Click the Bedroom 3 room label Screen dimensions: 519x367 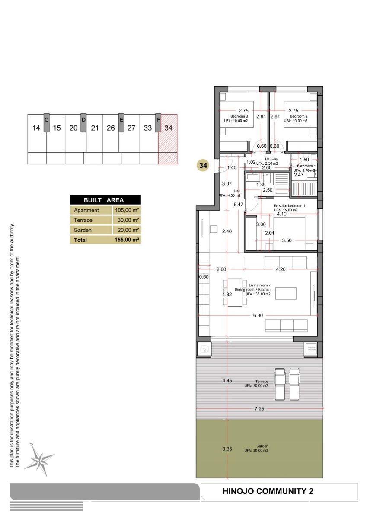239,117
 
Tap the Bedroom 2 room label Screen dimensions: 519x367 299,117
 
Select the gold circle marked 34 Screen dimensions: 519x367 203,165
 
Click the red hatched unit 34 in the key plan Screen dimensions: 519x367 168,139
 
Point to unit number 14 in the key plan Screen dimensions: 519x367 36,128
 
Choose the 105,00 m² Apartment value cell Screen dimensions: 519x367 126,210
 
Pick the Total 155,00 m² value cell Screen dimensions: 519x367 126,240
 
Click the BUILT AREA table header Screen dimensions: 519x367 105,200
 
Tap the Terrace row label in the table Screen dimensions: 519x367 83,220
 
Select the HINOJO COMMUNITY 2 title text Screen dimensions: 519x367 268,491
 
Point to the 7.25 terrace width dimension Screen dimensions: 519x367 260,409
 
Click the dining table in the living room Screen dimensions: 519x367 235,292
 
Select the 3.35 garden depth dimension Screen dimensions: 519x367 227,449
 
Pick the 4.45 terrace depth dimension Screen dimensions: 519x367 227,381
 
